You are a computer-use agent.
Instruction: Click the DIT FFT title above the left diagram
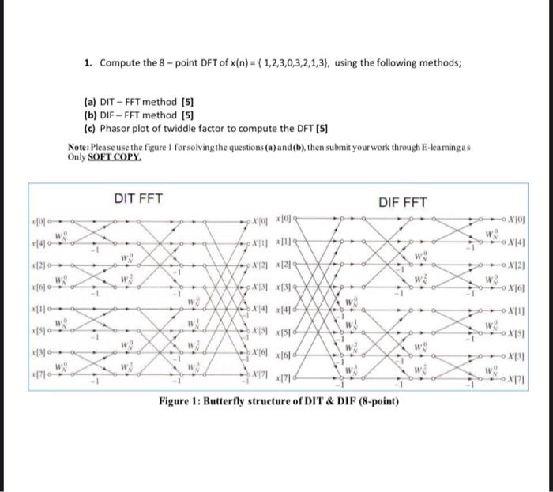click(x=136, y=201)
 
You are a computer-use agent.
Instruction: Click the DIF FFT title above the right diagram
click(x=402, y=202)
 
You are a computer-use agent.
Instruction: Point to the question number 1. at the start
click(x=90, y=63)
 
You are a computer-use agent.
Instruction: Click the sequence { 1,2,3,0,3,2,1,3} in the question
click(x=289, y=63)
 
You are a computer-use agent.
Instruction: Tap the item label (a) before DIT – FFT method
click(x=90, y=102)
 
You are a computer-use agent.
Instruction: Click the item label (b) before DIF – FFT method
click(x=90, y=115)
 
